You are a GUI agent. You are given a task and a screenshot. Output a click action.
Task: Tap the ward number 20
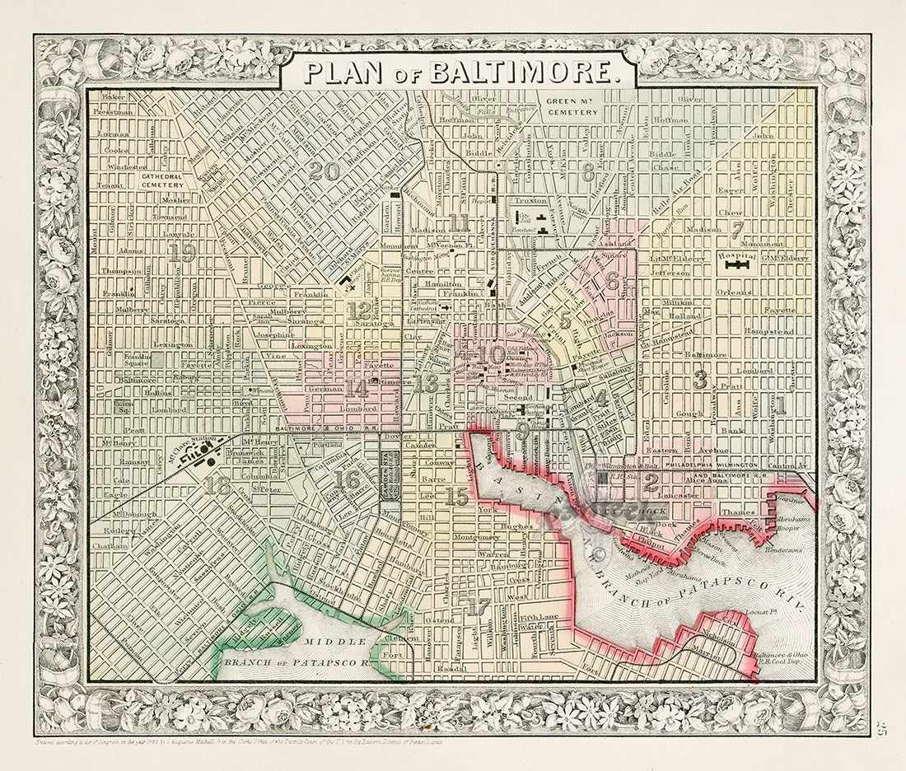click(x=324, y=171)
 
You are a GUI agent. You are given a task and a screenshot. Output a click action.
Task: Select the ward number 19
click(x=182, y=254)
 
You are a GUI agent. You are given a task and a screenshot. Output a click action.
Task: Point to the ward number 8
click(x=588, y=172)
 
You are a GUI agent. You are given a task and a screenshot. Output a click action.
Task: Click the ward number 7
click(x=736, y=230)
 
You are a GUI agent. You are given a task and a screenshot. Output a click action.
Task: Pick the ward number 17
click(x=477, y=608)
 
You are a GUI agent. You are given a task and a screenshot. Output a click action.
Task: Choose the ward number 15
click(x=455, y=496)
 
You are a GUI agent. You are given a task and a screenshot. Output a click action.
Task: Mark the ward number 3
click(x=700, y=380)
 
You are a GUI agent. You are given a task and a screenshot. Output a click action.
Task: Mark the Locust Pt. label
click(x=763, y=612)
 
